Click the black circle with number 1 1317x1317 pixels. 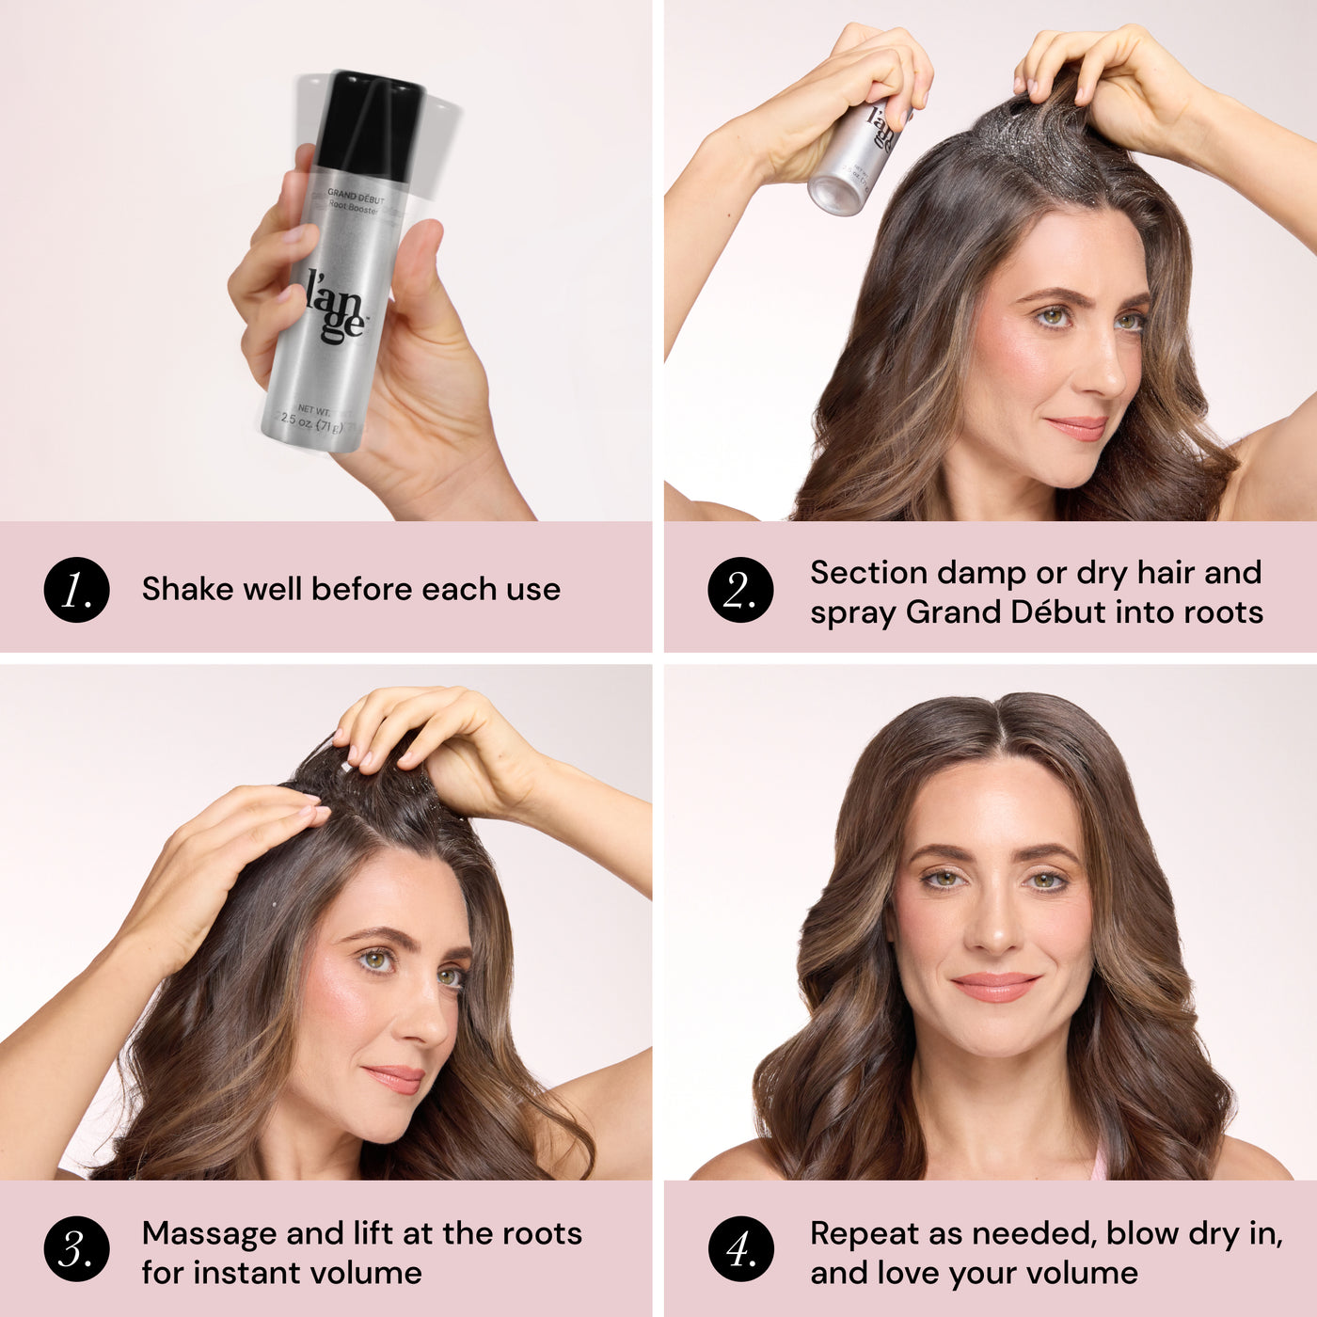76,590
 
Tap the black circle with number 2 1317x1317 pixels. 740,590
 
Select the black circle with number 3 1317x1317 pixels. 76,1250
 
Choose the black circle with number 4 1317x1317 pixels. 740,1250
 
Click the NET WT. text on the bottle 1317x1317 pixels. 313,410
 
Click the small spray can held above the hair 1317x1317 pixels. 854,155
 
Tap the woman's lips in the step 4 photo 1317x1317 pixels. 995,987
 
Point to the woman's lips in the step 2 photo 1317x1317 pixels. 1077,428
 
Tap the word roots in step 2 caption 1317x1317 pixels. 1223,612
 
